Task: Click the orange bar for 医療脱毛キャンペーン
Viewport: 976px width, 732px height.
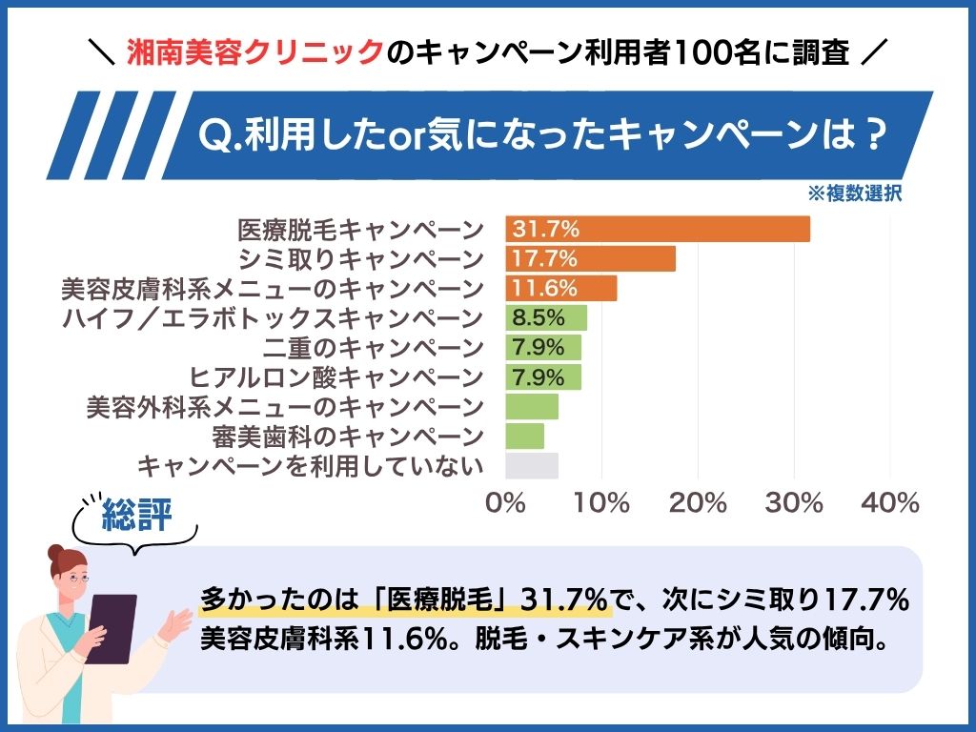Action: tap(658, 229)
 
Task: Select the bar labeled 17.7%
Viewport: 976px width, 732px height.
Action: tap(590, 258)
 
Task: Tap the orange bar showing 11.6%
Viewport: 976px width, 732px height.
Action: tap(560, 288)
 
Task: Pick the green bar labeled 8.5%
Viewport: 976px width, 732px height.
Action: tap(546, 318)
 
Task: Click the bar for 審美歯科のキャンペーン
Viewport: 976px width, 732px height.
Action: tap(525, 437)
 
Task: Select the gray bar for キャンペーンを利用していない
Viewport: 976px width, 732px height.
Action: tap(532, 465)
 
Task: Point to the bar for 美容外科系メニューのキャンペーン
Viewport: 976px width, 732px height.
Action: tap(532, 406)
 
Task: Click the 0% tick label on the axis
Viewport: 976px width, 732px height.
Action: tap(505, 502)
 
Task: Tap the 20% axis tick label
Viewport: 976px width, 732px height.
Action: tap(698, 502)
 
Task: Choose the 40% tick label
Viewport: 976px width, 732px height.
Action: tap(890, 502)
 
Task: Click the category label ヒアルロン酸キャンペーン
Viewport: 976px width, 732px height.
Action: tap(336, 377)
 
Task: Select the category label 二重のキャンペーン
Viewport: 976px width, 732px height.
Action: tap(374, 347)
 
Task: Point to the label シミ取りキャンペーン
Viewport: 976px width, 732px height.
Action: tap(361, 259)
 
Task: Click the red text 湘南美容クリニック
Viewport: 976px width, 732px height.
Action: tap(254, 52)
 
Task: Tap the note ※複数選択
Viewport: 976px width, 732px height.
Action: tap(855, 193)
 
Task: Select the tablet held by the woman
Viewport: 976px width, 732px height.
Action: tap(112, 629)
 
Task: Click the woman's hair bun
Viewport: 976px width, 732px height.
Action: tap(56, 554)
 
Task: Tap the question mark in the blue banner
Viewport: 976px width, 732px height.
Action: tap(875, 134)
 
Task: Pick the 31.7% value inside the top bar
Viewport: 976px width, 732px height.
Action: tap(546, 229)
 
